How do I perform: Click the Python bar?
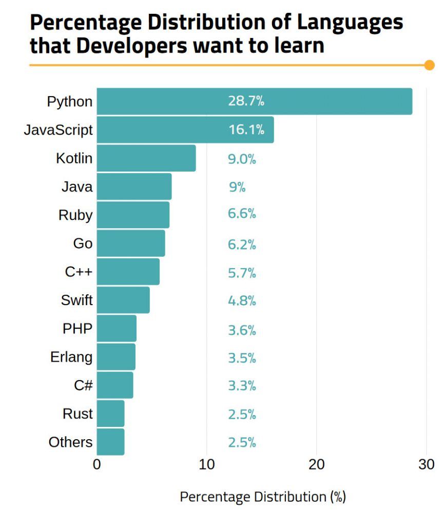(x=254, y=101)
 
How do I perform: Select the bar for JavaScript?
(x=185, y=129)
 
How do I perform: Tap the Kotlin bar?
(x=146, y=158)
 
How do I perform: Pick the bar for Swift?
(x=123, y=300)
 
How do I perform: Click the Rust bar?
(x=110, y=414)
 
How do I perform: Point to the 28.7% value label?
(x=246, y=101)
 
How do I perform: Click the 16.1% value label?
(x=246, y=129)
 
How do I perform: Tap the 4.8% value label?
(x=242, y=300)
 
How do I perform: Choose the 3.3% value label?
(x=242, y=385)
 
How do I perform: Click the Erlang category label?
(x=71, y=356)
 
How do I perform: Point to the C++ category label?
(x=79, y=272)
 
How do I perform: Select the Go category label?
(x=83, y=243)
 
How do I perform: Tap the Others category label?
(x=70, y=442)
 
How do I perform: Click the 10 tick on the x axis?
(x=206, y=464)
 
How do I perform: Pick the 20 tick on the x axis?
(x=317, y=464)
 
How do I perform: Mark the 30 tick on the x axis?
(x=427, y=464)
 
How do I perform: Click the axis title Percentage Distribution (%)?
(x=262, y=497)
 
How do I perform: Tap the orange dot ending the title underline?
(x=430, y=65)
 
